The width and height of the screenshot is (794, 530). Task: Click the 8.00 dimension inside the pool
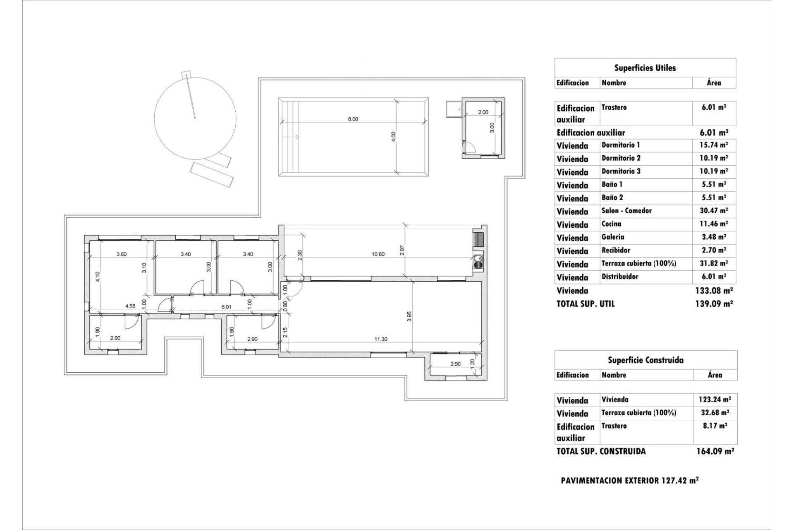(x=353, y=119)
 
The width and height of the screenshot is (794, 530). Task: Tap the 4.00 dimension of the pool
(x=393, y=136)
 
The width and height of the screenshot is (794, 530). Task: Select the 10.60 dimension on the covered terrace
(x=378, y=254)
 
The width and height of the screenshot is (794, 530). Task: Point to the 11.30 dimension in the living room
(x=380, y=339)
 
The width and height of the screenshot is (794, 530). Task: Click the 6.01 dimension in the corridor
(x=226, y=307)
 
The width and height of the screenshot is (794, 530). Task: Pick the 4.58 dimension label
(x=131, y=306)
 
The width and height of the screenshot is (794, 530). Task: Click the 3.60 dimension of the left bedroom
(x=121, y=254)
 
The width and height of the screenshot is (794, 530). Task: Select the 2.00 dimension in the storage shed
(x=483, y=112)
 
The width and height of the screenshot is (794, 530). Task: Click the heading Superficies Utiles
(x=645, y=68)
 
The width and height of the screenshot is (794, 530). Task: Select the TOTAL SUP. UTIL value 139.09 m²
(x=714, y=304)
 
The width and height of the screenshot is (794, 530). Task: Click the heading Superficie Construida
(x=645, y=360)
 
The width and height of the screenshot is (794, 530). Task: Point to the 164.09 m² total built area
(x=715, y=451)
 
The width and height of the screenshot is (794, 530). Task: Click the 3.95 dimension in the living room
(x=409, y=316)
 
